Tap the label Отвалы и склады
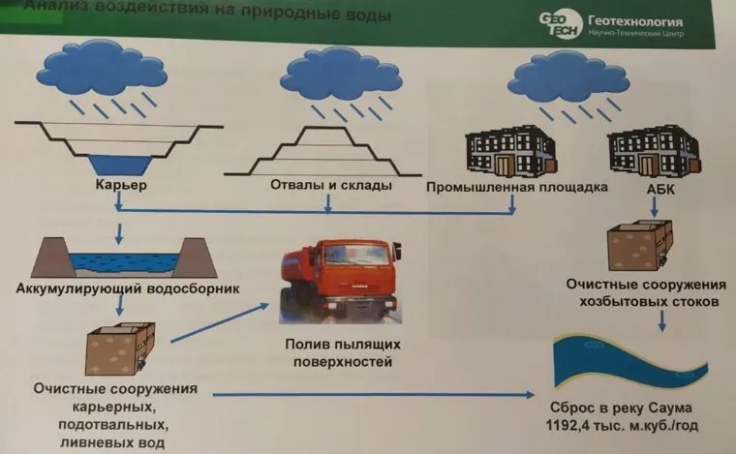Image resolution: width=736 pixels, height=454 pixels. pyautogui.click(x=325, y=185)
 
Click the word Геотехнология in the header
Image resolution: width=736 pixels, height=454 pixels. pyautogui.click(x=633, y=21)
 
